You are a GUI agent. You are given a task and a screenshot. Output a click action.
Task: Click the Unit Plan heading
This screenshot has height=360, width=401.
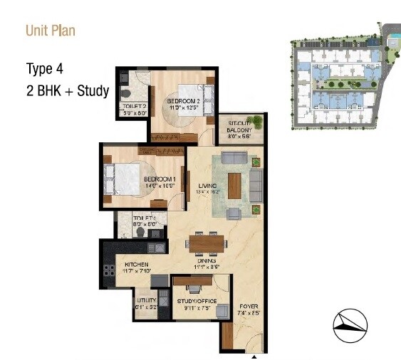pyautogui.click(x=50, y=31)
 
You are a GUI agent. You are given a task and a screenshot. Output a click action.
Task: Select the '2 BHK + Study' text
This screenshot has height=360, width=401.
pyautogui.click(x=68, y=90)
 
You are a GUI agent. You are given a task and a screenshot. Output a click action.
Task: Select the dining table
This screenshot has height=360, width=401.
pyautogui.click(x=207, y=243)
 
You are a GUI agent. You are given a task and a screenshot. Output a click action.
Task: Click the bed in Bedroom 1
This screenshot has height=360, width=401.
pyautogui.click(x=120, y=176)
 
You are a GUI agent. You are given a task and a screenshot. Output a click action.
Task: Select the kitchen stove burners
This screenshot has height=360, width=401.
pyautogui.click(x=109, y=271)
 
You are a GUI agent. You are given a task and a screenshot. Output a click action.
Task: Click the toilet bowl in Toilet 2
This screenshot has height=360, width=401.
pyautogui.click(x=126, y=92)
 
